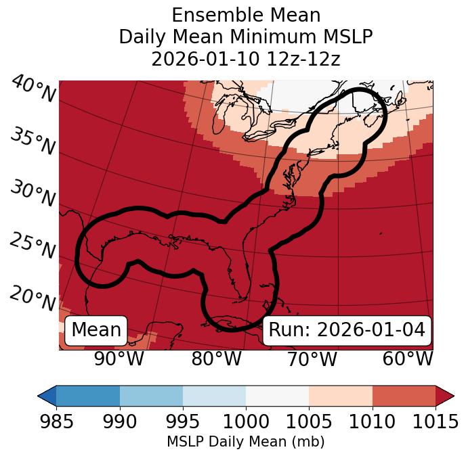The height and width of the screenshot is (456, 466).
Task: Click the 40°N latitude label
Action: (33, 89)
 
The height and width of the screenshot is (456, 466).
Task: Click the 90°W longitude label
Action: (119, 359)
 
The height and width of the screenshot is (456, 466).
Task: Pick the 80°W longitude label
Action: (216, 359)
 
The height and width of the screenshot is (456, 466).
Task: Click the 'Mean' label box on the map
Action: (96, 330)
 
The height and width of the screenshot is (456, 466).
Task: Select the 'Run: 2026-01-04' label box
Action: (347, 330)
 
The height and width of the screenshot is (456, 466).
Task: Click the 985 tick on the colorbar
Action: (56, 422)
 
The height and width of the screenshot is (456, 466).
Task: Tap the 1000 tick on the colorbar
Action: (246, 422)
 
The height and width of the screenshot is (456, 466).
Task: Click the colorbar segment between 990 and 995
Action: (151, 395)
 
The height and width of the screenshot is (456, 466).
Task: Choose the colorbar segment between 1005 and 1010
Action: (341, 395)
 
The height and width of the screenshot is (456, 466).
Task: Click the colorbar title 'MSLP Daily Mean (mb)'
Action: (246, 442)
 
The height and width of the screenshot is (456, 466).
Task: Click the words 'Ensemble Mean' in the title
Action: (246, 15)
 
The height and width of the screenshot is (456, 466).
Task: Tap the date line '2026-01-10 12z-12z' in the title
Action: (246, 59)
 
